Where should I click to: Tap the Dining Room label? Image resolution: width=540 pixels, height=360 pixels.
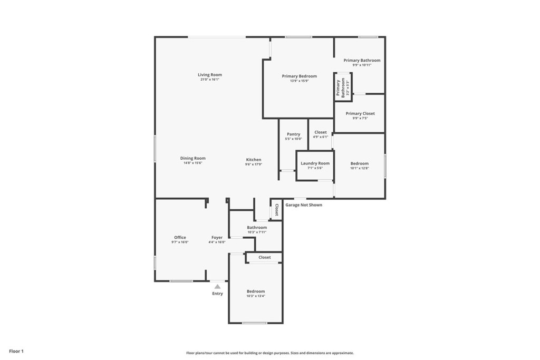click(193, 158)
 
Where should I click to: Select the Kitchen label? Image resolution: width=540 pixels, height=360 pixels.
click(254, 160)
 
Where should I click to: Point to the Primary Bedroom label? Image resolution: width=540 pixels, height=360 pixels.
click(299, 76)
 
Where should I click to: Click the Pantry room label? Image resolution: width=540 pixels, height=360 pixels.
click(293, 134)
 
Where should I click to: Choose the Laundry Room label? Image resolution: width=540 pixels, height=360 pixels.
click(315, 163)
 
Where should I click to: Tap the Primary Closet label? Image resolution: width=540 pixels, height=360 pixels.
click(360, 113)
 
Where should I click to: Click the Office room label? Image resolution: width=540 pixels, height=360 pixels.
click(180, 237)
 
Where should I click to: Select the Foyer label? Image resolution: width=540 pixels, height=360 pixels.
click(217, 237)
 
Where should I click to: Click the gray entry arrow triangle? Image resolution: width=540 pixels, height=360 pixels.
click(217, 286)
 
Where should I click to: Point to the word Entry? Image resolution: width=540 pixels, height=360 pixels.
click(217, 294)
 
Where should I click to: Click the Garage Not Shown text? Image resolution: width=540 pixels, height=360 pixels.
click(304, 205)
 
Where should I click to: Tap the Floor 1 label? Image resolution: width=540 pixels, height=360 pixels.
click(16, 351)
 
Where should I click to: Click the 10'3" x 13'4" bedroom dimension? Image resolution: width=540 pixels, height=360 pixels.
click(256, 296)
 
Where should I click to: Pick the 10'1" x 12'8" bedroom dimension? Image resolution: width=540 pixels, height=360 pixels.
click(360, 168)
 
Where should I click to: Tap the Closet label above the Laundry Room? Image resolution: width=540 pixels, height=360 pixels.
click(321, 132)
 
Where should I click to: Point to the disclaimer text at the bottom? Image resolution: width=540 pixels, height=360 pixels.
click(270, 353)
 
